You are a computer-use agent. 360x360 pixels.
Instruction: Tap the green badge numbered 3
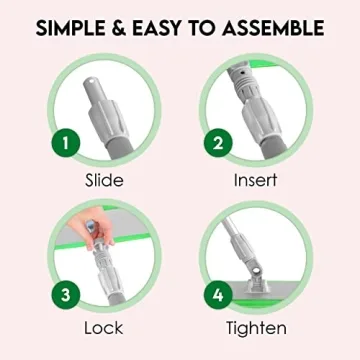(x=65, y=297)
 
